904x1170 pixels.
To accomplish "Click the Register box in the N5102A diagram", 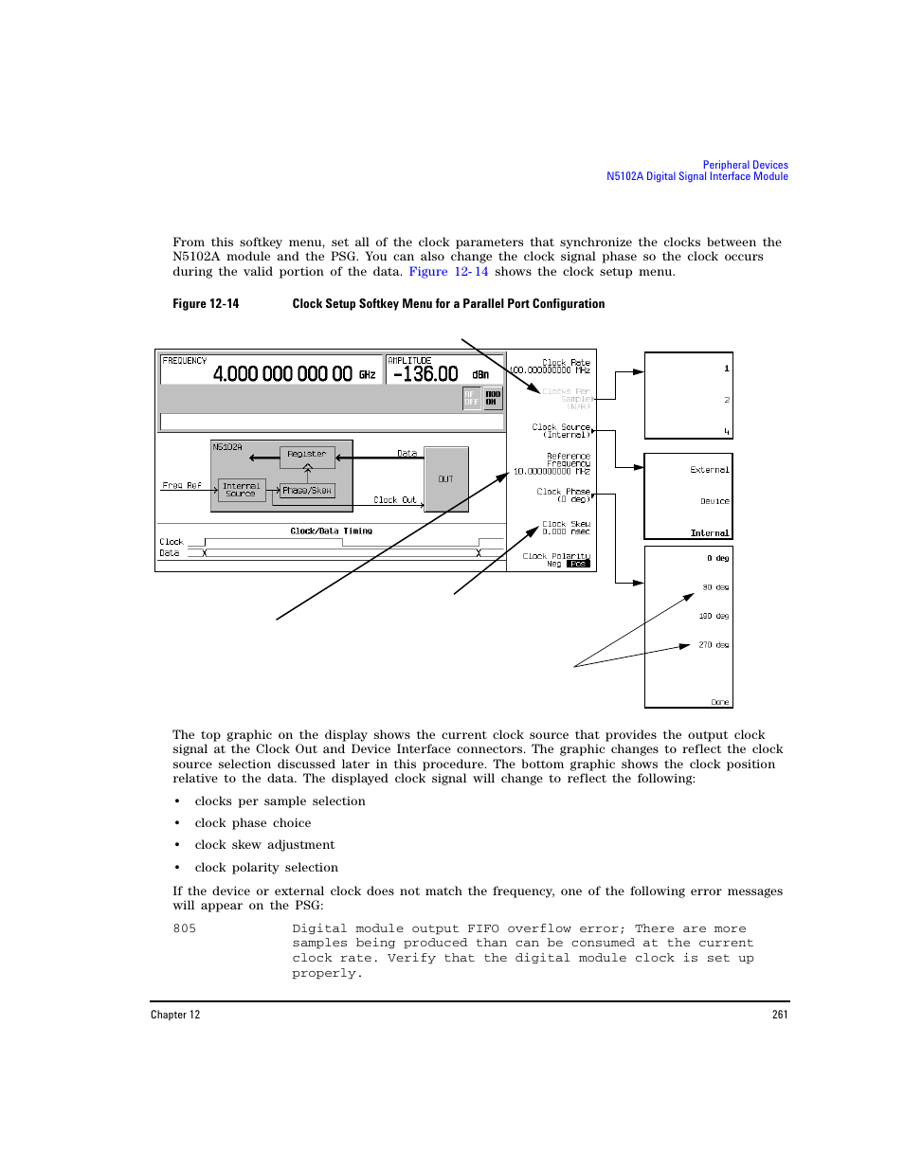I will point(307,455).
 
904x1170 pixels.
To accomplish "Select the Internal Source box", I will point(241,489).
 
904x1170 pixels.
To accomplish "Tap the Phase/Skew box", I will point(307,491).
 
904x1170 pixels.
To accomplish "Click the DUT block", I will point(445,479).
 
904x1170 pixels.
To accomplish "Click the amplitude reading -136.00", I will point(425,374).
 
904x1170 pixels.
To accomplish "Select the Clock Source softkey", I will point(562,431).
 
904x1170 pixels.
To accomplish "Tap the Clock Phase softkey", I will point(564,495).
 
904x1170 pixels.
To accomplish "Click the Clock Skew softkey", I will point(566,528).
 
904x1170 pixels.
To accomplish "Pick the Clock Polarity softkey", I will point(557,560).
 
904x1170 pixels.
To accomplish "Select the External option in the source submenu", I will point(709,470).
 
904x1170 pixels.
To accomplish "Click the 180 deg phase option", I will point(714,616).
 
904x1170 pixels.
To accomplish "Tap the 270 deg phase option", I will point(714,645).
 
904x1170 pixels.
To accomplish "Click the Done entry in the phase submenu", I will point(720,702).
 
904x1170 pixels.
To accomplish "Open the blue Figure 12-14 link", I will point(448,272).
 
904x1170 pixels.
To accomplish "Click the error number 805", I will point(185,928).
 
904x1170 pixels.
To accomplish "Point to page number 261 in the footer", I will point(780,1015).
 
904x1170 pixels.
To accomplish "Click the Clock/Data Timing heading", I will point(331,531).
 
